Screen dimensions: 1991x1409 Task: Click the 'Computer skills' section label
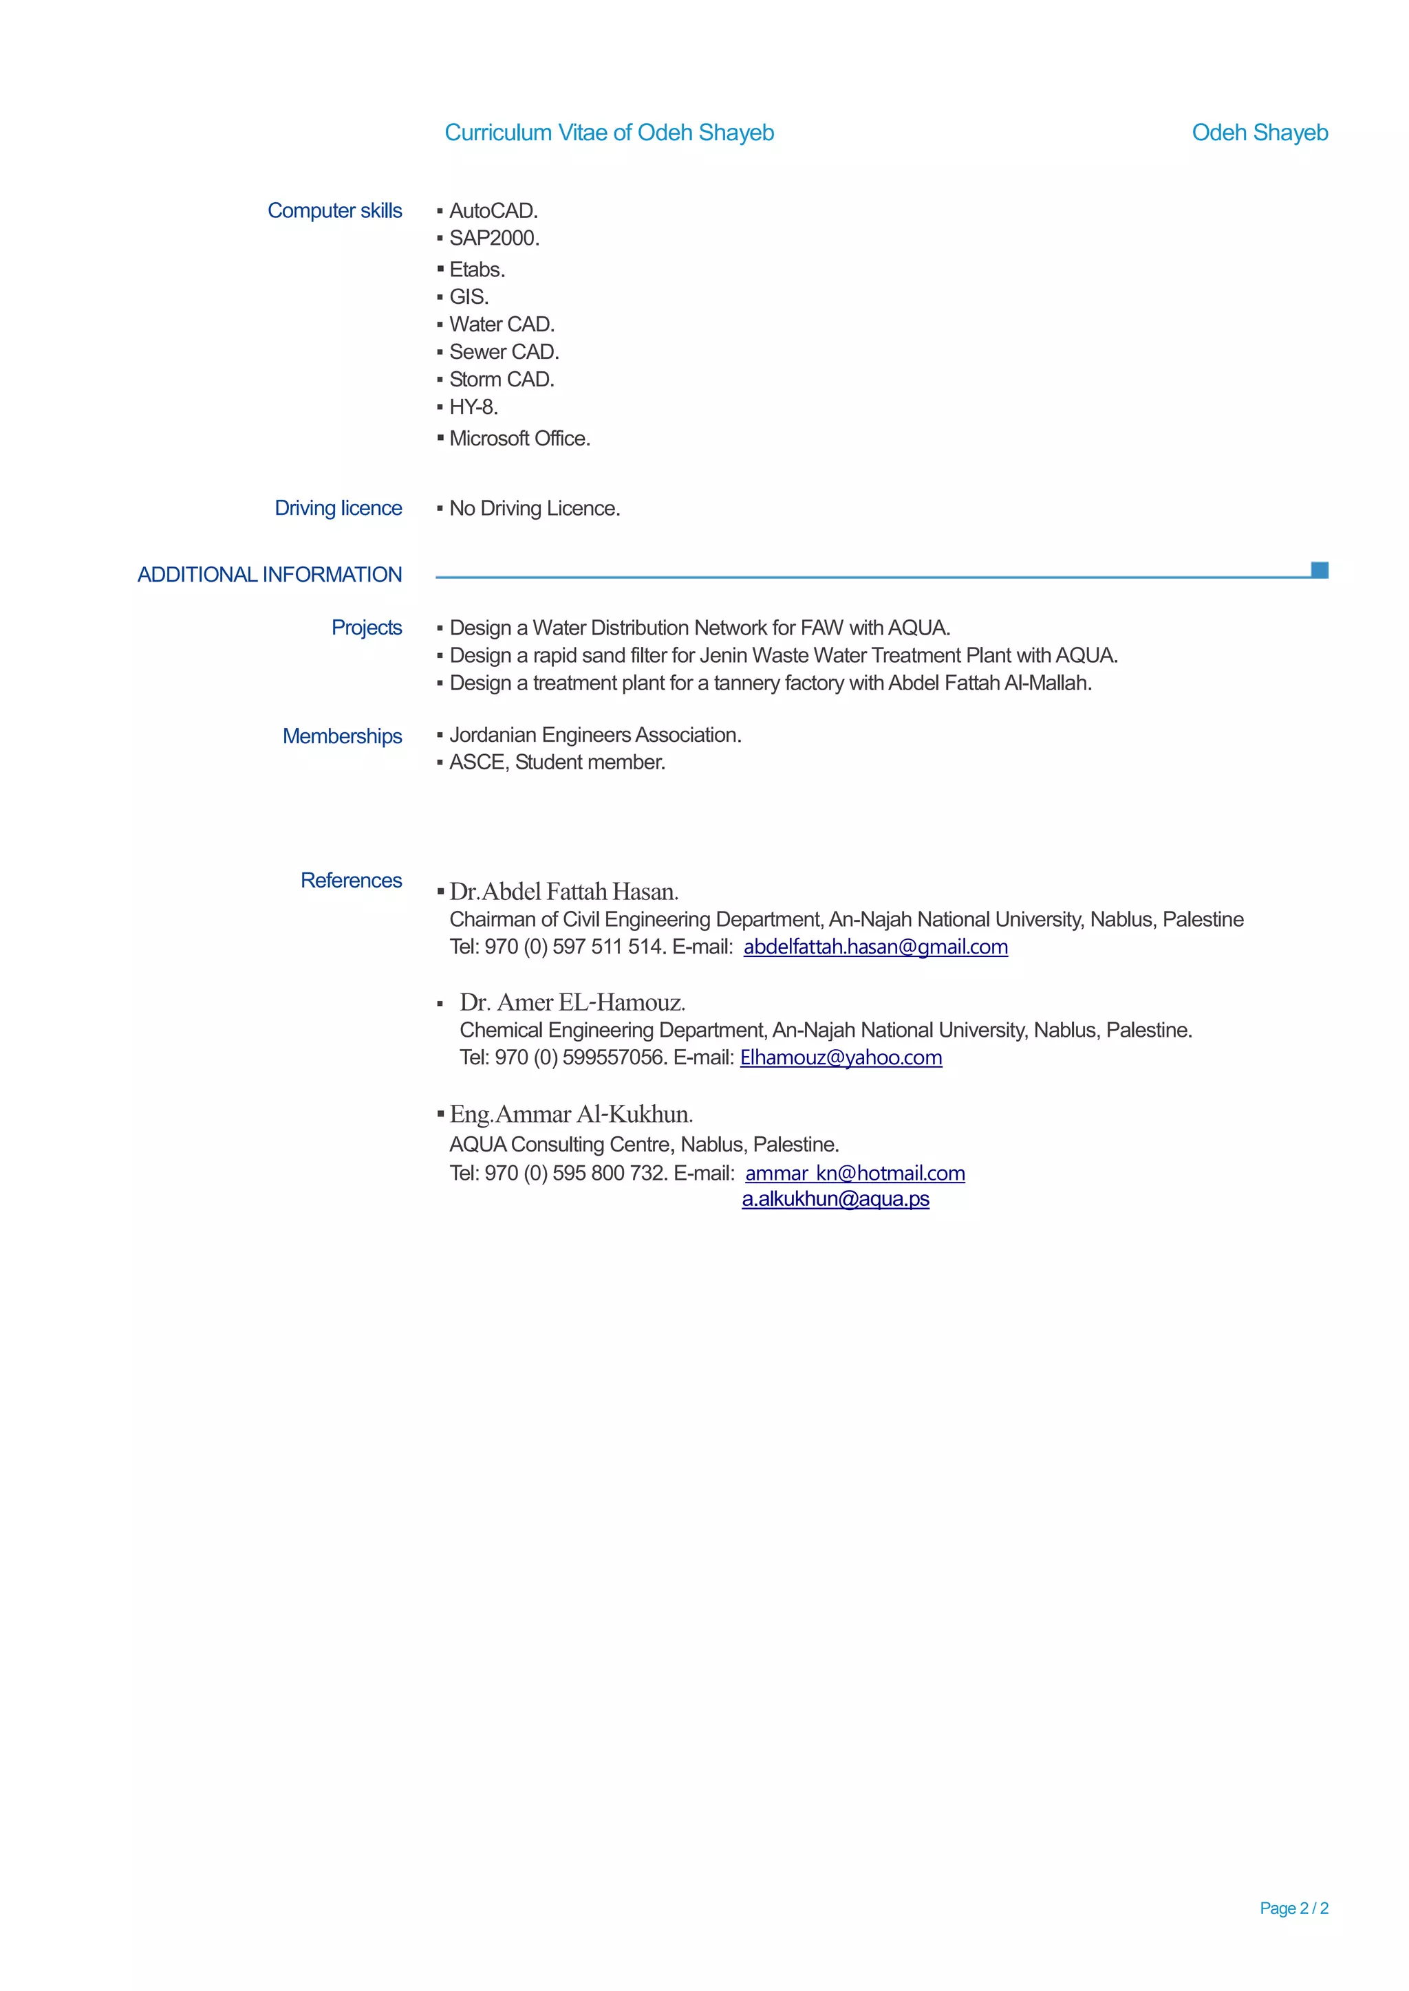334,211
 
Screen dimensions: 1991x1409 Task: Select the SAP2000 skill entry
494,239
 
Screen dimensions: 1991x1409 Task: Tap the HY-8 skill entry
473,408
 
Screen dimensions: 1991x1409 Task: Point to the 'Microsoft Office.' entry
519,439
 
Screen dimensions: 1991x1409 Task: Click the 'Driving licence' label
338,508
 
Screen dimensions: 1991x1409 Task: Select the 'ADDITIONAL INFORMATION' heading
269,575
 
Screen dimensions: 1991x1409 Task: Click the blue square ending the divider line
1319,570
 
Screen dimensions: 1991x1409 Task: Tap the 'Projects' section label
366,628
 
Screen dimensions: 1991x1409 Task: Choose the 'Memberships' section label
342,736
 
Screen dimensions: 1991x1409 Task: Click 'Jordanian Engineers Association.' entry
595,736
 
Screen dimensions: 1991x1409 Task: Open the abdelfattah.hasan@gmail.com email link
875,947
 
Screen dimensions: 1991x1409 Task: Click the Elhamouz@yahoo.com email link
841,1058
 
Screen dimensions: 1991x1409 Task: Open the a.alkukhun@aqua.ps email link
835,1199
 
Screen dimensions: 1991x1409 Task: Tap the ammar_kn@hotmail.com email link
854,1174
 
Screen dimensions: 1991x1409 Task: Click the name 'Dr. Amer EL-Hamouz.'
572,1003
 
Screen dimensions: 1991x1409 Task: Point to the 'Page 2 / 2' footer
1293,1908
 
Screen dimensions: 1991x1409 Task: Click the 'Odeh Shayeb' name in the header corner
1259,133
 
